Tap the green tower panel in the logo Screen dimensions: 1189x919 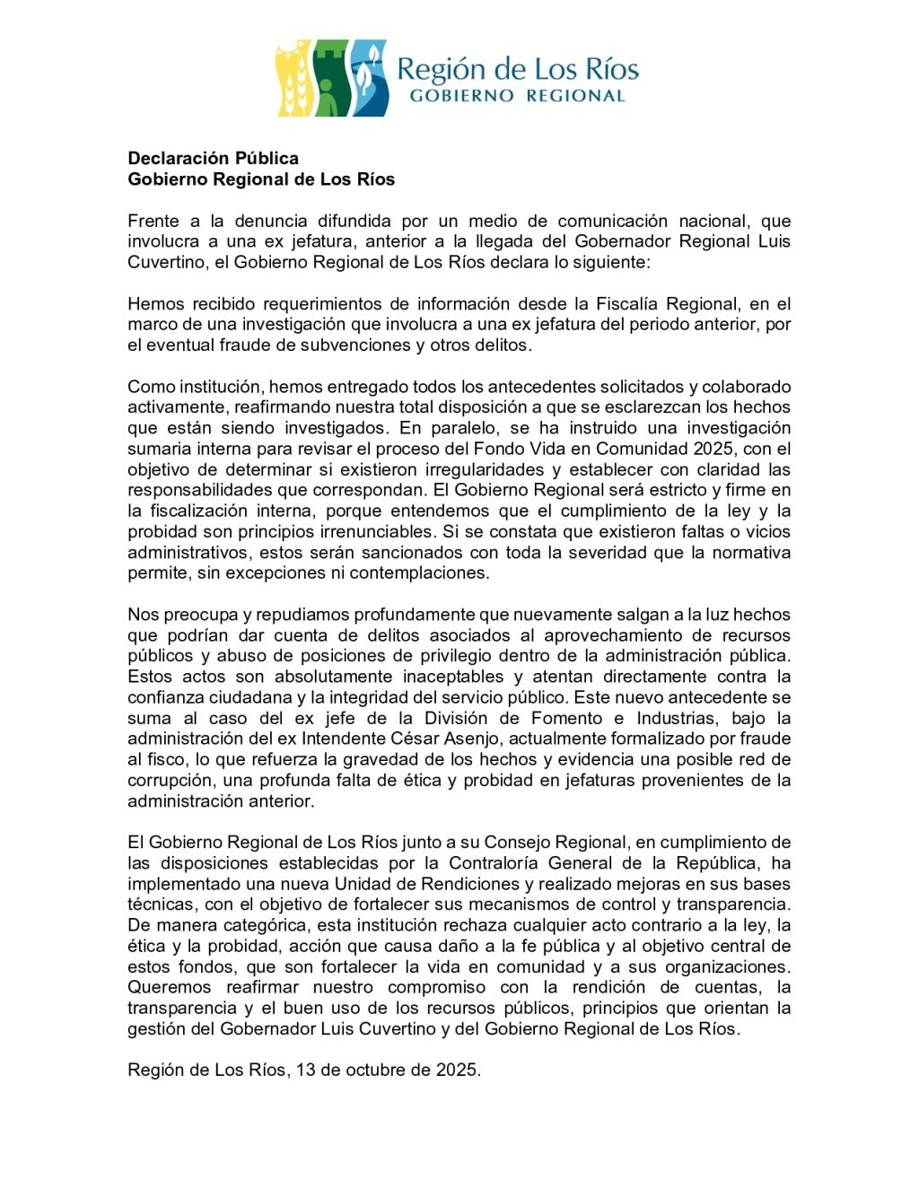(329, 79)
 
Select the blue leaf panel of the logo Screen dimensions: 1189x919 (368, 79)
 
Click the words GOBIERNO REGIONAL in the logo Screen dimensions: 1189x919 (517, 95)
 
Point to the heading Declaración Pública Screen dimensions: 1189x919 (213, 158)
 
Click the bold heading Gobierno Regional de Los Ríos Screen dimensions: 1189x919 (261, 179)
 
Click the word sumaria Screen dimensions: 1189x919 (158, 449)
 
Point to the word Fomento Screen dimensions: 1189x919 (566, 718)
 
